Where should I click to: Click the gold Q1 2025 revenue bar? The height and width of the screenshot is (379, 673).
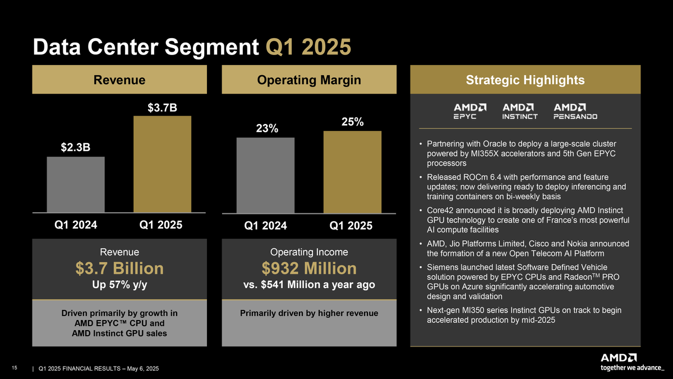pos(162,164)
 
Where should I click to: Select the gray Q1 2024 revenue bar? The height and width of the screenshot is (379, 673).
pos(76,184)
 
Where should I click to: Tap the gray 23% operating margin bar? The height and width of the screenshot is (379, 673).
pos(266,175)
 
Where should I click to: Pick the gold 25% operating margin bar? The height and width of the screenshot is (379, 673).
pos(352,172)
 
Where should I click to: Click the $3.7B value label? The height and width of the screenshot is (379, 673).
pos(162,107)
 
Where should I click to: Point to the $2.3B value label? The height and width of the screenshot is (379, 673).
pos(76,147)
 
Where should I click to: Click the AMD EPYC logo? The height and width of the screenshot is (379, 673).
pos(469,111)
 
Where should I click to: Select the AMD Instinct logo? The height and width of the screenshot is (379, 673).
pos(520,111)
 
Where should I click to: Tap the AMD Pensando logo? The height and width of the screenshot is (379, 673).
pos(575,111)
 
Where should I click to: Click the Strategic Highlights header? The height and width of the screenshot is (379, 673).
pos(525,80)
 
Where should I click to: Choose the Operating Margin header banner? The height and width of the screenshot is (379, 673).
pos(308,80)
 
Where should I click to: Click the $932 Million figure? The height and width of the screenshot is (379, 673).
pos(308,268)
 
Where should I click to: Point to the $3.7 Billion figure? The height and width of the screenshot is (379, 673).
pos(119,268)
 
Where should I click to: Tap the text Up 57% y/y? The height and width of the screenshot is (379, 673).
pos(119,285)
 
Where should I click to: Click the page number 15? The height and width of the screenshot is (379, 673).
pos(15,368)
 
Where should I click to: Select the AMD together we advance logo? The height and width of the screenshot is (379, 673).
pos(633,362)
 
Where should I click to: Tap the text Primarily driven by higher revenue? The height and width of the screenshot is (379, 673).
pos(308,313)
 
